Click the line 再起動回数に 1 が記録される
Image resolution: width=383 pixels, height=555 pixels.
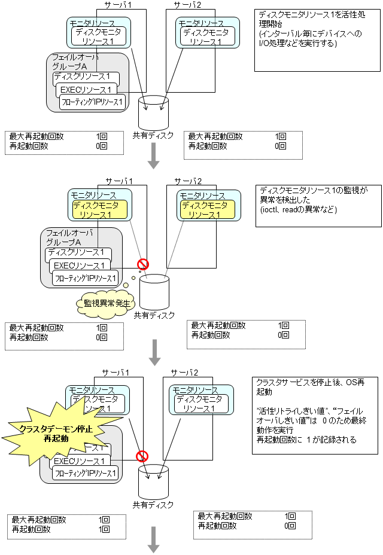pyautogui.click(x=306, y=440)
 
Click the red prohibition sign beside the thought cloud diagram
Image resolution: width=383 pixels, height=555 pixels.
pyautogui.click(x=143, y=264)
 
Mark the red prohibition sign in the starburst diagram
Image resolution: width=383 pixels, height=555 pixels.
pyautogui.click(x=142, y=456)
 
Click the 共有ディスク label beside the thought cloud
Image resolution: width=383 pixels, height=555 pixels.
pyautogui.click(x=154, y=315)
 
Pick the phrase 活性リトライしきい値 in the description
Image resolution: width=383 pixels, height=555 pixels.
pyautogui.click(x=281, y=412)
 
